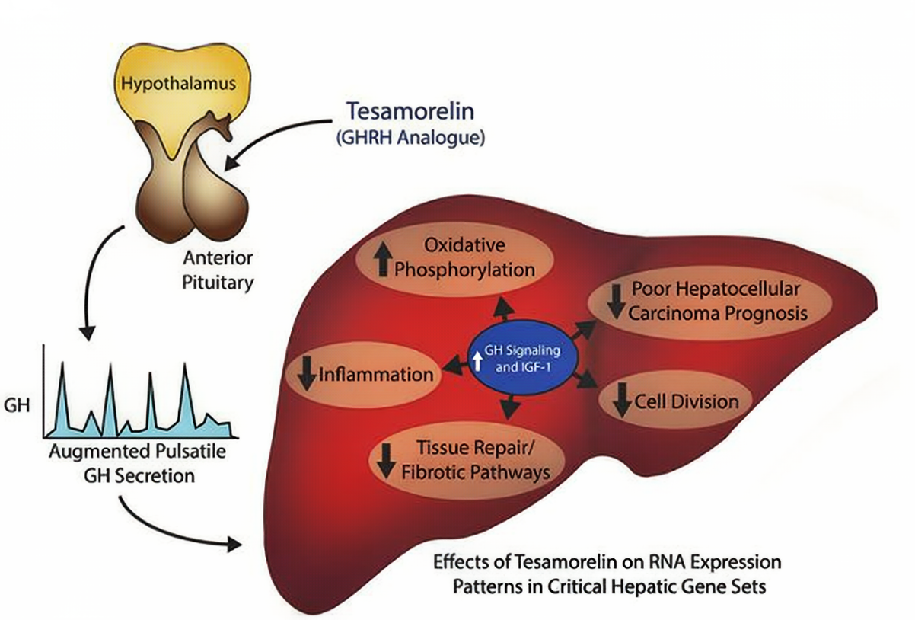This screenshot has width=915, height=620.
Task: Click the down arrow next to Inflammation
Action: [308, 374]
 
